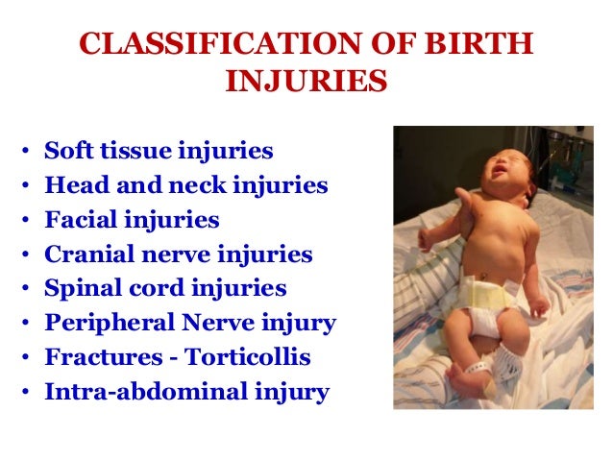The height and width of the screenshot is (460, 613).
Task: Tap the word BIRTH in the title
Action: coord(485,46)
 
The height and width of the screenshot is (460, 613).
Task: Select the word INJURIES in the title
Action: coord(306,83)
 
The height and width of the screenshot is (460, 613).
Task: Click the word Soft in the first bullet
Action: coord(67,151)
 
